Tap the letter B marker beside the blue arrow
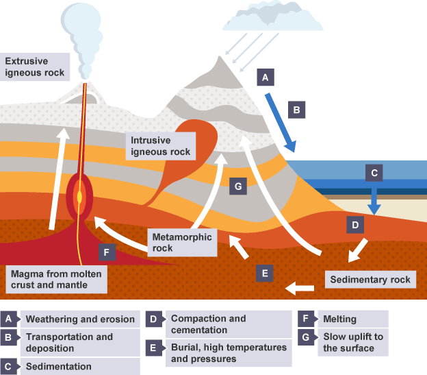click(296, 109)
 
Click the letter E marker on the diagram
click(265, 274)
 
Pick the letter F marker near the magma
click(105, 252)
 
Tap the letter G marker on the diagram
click(237, 186)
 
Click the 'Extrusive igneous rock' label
click(34, 66)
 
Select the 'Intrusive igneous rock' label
click(161, 145)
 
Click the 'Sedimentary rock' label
click(370, 280)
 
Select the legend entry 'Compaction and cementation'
click(208, 324)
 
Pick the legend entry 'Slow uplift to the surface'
click(353, 342)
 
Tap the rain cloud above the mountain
click(274, 17)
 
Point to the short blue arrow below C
click(374, 199)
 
